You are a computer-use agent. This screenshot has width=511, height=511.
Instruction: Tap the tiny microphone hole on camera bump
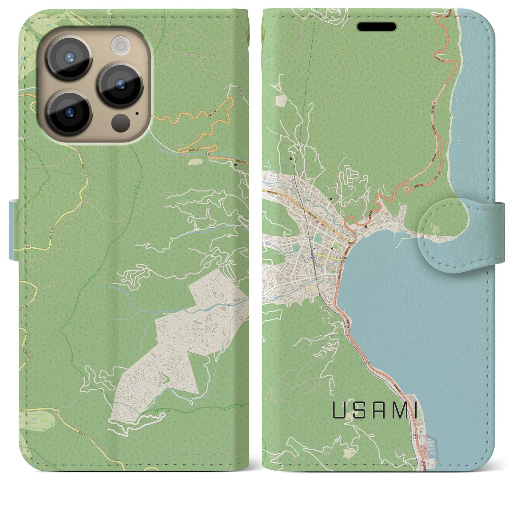tap(137, 113)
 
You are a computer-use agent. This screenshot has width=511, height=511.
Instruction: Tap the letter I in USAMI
tap(415, 411)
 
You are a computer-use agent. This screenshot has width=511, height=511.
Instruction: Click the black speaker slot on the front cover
tap(376, 27)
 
